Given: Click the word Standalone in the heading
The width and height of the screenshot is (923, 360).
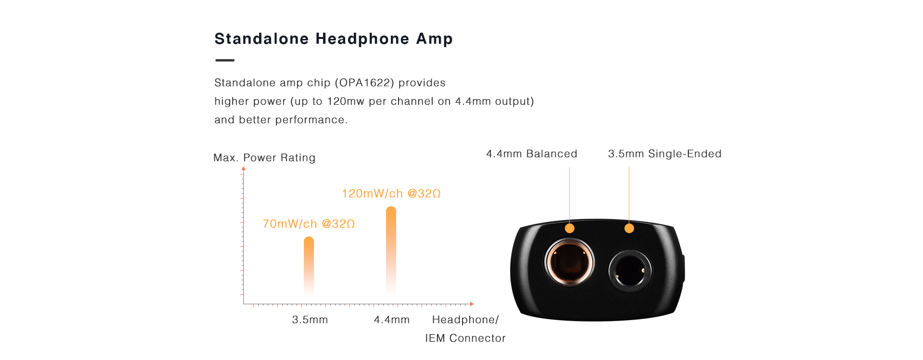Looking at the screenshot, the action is (262, 39).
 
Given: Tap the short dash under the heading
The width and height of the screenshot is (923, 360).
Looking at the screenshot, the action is (225, 60).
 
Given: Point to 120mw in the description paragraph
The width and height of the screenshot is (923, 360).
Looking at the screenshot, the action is (346, 101).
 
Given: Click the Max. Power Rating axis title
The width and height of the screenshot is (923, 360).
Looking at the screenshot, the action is (264, 158).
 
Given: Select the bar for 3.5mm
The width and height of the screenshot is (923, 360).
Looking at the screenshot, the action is (309, 266).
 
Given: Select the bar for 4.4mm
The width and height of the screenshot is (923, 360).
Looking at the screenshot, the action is (391, 250).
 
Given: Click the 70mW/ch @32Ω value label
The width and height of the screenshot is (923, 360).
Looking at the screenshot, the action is (309, 224).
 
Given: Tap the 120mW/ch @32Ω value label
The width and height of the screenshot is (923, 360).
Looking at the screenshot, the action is (391, 194).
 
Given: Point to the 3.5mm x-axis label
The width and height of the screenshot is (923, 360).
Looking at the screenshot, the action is (310, 320).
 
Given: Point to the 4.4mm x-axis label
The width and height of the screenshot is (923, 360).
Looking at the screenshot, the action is (392, 320).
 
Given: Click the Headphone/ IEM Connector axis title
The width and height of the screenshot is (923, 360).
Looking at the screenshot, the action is (465, 329).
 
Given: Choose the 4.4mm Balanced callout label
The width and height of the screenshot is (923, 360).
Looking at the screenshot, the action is (532, 154).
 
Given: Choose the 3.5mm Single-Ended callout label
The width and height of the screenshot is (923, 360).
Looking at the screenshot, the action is (665, 154).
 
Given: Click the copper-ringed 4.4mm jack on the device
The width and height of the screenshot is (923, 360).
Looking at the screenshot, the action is (569, 262).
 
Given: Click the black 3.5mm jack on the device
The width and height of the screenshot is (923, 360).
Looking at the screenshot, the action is (630, 270).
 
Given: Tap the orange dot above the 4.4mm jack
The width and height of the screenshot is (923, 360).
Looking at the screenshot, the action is (570, 228).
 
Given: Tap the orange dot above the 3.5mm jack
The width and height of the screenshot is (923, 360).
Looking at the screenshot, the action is (629, 228).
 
